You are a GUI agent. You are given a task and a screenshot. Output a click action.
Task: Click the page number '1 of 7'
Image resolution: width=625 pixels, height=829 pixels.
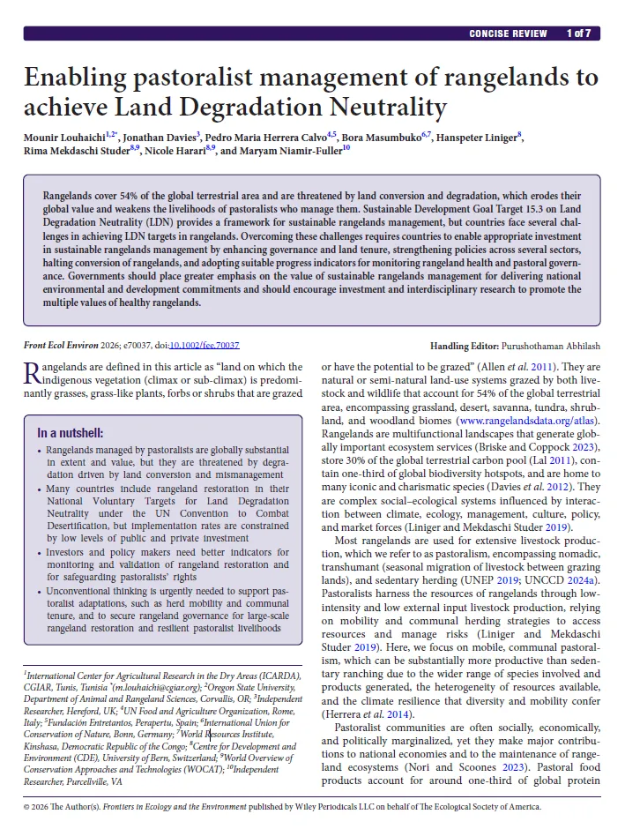tap(578, 34)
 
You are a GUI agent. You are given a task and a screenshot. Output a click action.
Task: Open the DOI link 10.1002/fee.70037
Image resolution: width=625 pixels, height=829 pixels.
tap(205, 347)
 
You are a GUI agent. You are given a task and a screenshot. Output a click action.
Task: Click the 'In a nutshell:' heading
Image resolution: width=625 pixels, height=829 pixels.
tap(71, 433)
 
